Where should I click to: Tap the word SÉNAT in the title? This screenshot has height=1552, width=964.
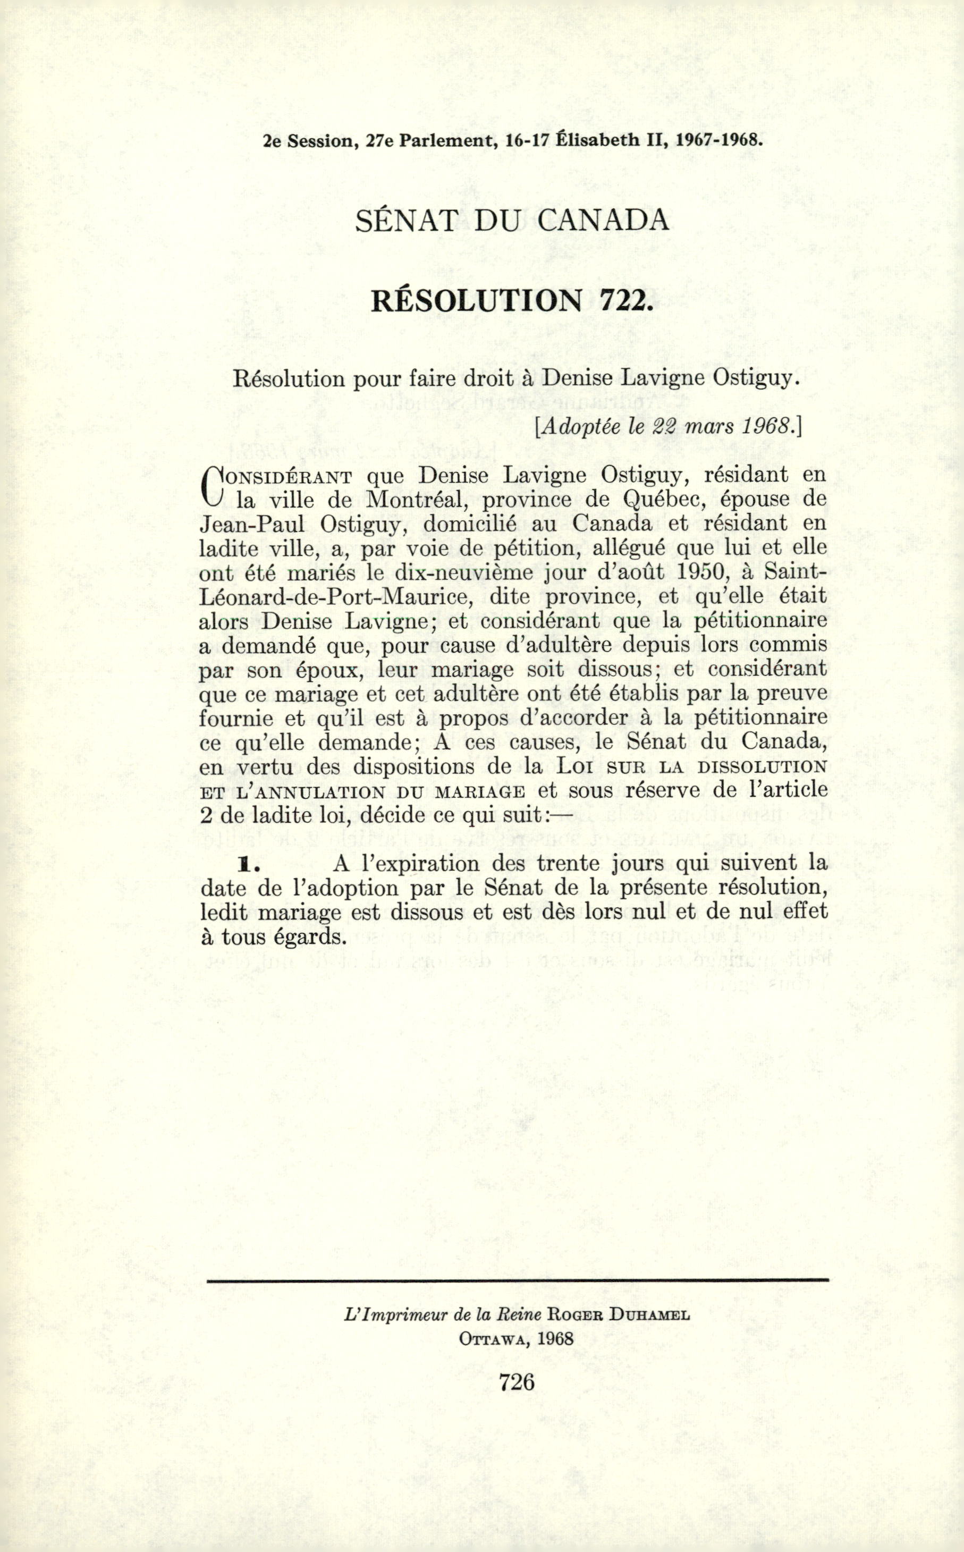tap(405, 221)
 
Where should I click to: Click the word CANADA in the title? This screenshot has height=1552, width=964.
tap(603, 221)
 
